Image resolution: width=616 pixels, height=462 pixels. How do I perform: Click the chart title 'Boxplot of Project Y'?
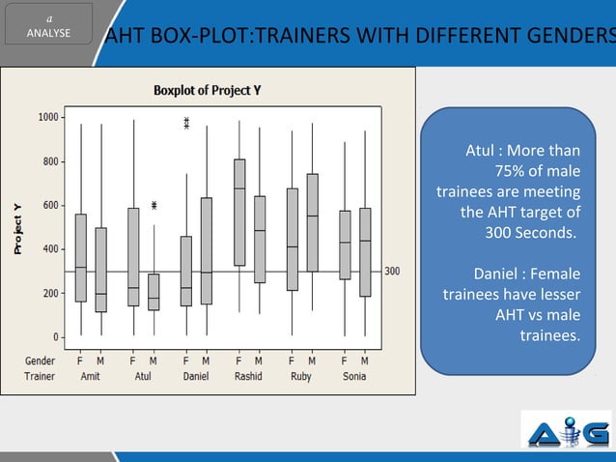pos(208,90)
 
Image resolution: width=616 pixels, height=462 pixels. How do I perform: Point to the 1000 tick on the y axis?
pos(45,117)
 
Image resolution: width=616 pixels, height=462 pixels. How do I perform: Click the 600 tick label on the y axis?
pos(48,205)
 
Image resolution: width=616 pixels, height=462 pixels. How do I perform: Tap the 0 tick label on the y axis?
pos(54,337)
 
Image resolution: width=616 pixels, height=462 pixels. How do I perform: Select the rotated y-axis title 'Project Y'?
pos(16,229)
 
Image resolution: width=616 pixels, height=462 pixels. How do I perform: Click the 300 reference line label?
pos(393,272)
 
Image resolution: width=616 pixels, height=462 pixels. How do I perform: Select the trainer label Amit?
pos(91,376)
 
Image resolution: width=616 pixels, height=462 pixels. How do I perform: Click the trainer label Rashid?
pos(248,376)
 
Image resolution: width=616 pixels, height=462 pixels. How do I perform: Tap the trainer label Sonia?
pos(354,376)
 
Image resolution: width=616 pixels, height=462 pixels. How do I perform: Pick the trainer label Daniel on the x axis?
pos(196,376)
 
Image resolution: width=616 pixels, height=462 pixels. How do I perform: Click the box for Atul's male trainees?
pos(154,292)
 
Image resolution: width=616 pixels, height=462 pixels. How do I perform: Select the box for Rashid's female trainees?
pos(238,212)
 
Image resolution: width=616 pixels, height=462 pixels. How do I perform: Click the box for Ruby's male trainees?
pos(312,222)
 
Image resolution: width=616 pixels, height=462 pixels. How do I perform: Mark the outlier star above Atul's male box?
pos(154,206)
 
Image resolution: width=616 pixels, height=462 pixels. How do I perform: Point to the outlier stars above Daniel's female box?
pos(186,123)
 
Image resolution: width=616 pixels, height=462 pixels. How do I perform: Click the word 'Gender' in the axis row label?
pos(40,361)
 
